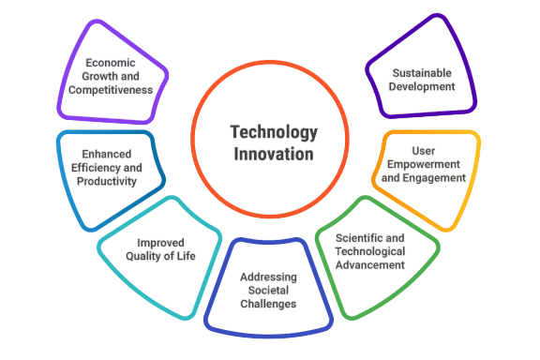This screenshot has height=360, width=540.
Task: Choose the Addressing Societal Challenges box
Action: pyautogui.click(x=268, y=289)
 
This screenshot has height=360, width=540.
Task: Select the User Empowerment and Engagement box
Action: pyautogui.click(x=425, y=164)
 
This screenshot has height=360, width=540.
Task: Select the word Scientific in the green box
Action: pyautogui.click(x=358, y=238)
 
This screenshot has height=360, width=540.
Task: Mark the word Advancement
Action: pyautogui.click(x=373, y=264)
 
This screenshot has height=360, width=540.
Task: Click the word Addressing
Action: pyautogui.click(x=268, y=277)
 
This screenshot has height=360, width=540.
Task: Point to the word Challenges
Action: pyautogui.click(x=268, y=303)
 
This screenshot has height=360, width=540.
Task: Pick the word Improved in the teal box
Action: pyautogui.click(x=159, y=240)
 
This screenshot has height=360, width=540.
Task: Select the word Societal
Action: pyautogui.click(x=268, y=290)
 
